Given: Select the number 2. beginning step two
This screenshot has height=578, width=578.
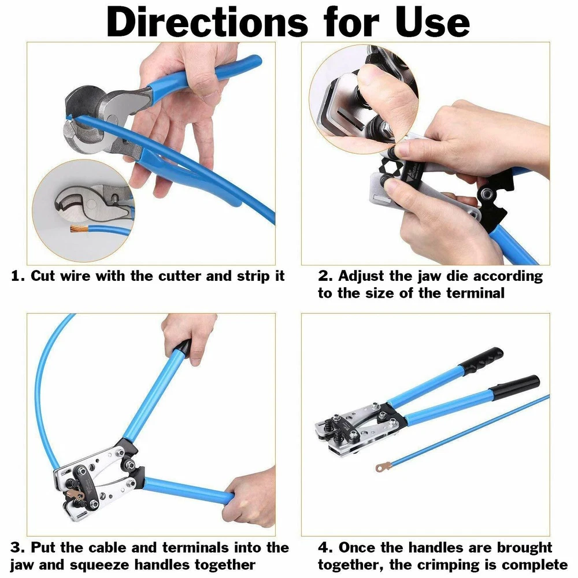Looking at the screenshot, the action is point(325,276).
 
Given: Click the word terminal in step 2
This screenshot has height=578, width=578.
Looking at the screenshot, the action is point(475,293).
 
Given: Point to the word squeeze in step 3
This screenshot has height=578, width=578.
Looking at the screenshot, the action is point(99,565).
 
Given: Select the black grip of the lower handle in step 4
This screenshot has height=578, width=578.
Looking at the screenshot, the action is point(516,388).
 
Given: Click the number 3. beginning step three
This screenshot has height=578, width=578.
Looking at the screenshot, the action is point(18,547).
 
